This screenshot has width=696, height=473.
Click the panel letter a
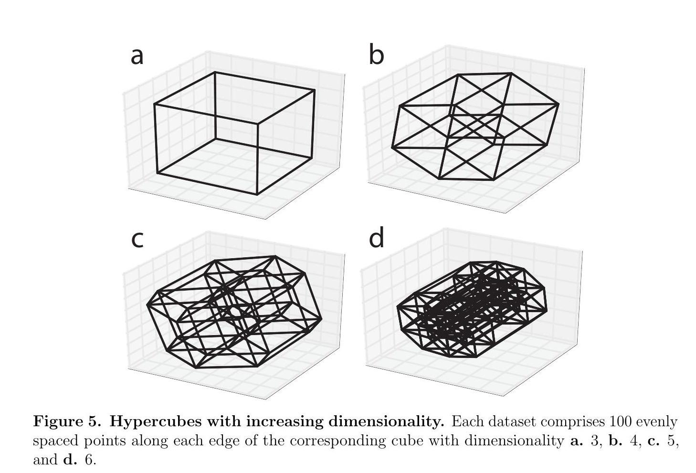tap(137, 56)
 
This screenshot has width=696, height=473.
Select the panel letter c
tap(137, 240)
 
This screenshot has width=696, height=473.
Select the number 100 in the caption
tap(618, 422)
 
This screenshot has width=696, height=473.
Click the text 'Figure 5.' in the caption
tap(66, 422)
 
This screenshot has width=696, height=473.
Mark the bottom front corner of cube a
tap(258, 194)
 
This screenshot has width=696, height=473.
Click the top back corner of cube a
tap(215, 73)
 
